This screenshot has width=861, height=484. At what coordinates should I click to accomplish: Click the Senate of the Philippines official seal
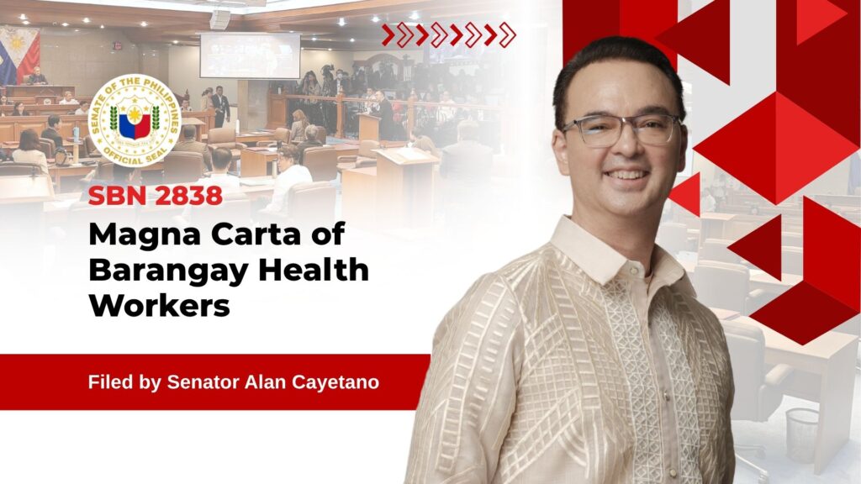[x=135, y=120]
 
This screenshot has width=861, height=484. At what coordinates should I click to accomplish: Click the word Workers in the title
[x=159, y=305]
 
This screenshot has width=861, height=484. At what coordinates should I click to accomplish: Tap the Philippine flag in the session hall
[x=18, y=55]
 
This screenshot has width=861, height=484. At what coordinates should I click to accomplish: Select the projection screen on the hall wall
[x=250, y=55]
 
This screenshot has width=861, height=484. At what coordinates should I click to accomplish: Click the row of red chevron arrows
[x=449, y=35]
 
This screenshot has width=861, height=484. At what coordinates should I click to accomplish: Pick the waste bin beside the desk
[x=801, y=435]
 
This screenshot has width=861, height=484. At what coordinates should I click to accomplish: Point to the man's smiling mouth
[x=626, y=176]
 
